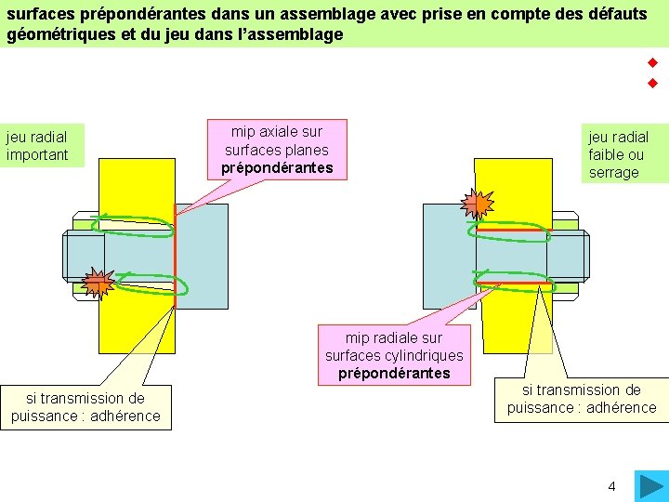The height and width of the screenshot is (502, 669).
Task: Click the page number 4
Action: click(x=611, y=485)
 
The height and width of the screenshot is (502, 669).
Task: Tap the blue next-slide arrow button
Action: click(x=649, y=486)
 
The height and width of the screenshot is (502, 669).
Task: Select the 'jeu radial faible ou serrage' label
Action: click(x=617, y=154)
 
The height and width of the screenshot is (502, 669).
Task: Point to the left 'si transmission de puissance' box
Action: click(x=85, y=407)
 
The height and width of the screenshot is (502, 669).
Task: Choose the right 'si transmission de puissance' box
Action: click(x=582, y=399)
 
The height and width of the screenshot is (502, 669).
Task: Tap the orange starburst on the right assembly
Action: click(x=478, y=203)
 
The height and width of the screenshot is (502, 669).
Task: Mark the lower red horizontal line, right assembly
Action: click(x=513, y=284)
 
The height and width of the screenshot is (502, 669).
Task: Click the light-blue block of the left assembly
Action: click(x=202, y=256)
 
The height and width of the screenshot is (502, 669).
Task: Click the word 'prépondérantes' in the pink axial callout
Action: click(x=277, y=168)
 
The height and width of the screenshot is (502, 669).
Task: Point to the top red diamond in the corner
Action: click(x=652, y=63)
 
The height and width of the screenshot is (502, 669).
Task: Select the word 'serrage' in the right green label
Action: click(x=614, y=172)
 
